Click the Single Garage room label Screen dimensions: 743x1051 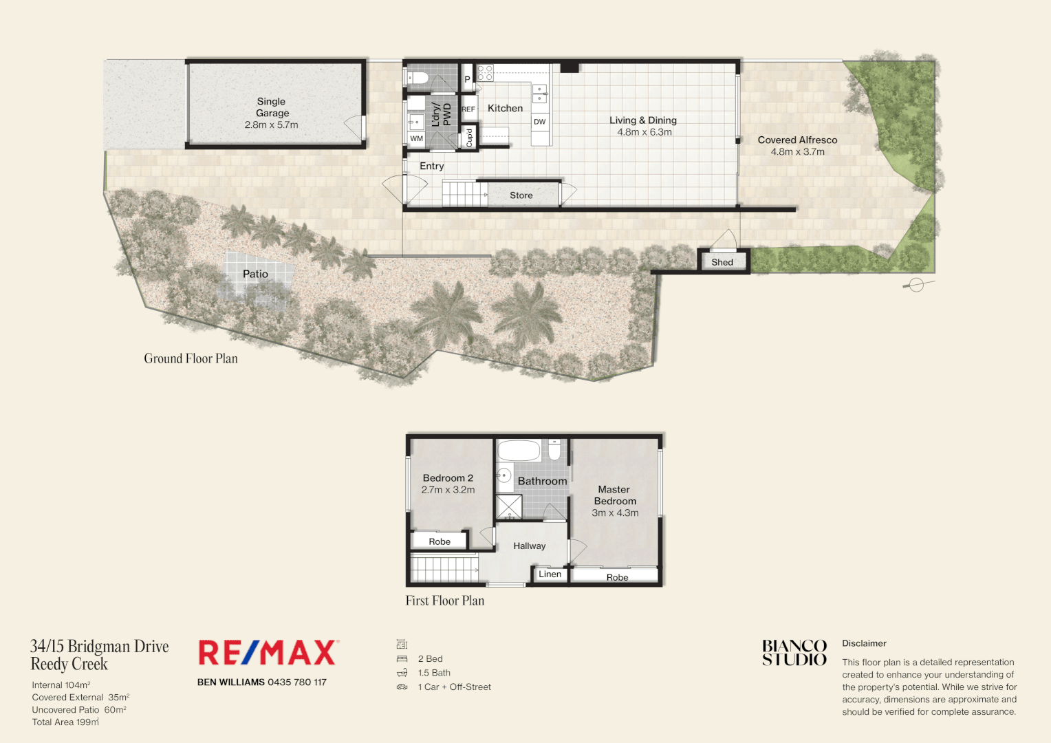click(x=272, y=107)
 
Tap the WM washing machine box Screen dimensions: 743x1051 click(x=416, y=138)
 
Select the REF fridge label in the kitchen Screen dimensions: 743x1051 click(x=468, y=109)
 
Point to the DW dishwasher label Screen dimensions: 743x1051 click(x=539, y=122)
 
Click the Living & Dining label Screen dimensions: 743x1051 click(x=642, y=120)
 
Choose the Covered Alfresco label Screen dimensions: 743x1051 click(x=797, y=140)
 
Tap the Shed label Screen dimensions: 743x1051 click(x=722, y=262)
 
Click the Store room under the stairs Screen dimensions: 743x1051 click(x=521, y=195)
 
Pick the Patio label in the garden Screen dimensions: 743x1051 click(x=255, y=274)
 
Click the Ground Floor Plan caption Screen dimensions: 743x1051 click(x=191, y=358)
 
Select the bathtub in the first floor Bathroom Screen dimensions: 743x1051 click(x=519, y=451)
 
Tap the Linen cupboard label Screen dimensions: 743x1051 click(x=550, y=574)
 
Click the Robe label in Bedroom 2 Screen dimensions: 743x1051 click(x=440, y=541)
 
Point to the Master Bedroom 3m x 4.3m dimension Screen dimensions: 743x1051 click(x=615, y=513)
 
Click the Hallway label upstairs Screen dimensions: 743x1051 click(x=529, y=546)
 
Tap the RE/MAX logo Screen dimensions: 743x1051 click(x=268, y=653)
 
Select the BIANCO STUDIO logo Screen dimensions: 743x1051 click(x=794, y=653)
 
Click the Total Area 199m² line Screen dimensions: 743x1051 click(x=65, y=722)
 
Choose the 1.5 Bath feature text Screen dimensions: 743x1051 click(x=434, y=673)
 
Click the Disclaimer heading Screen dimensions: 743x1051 click(x=864, y=643)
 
